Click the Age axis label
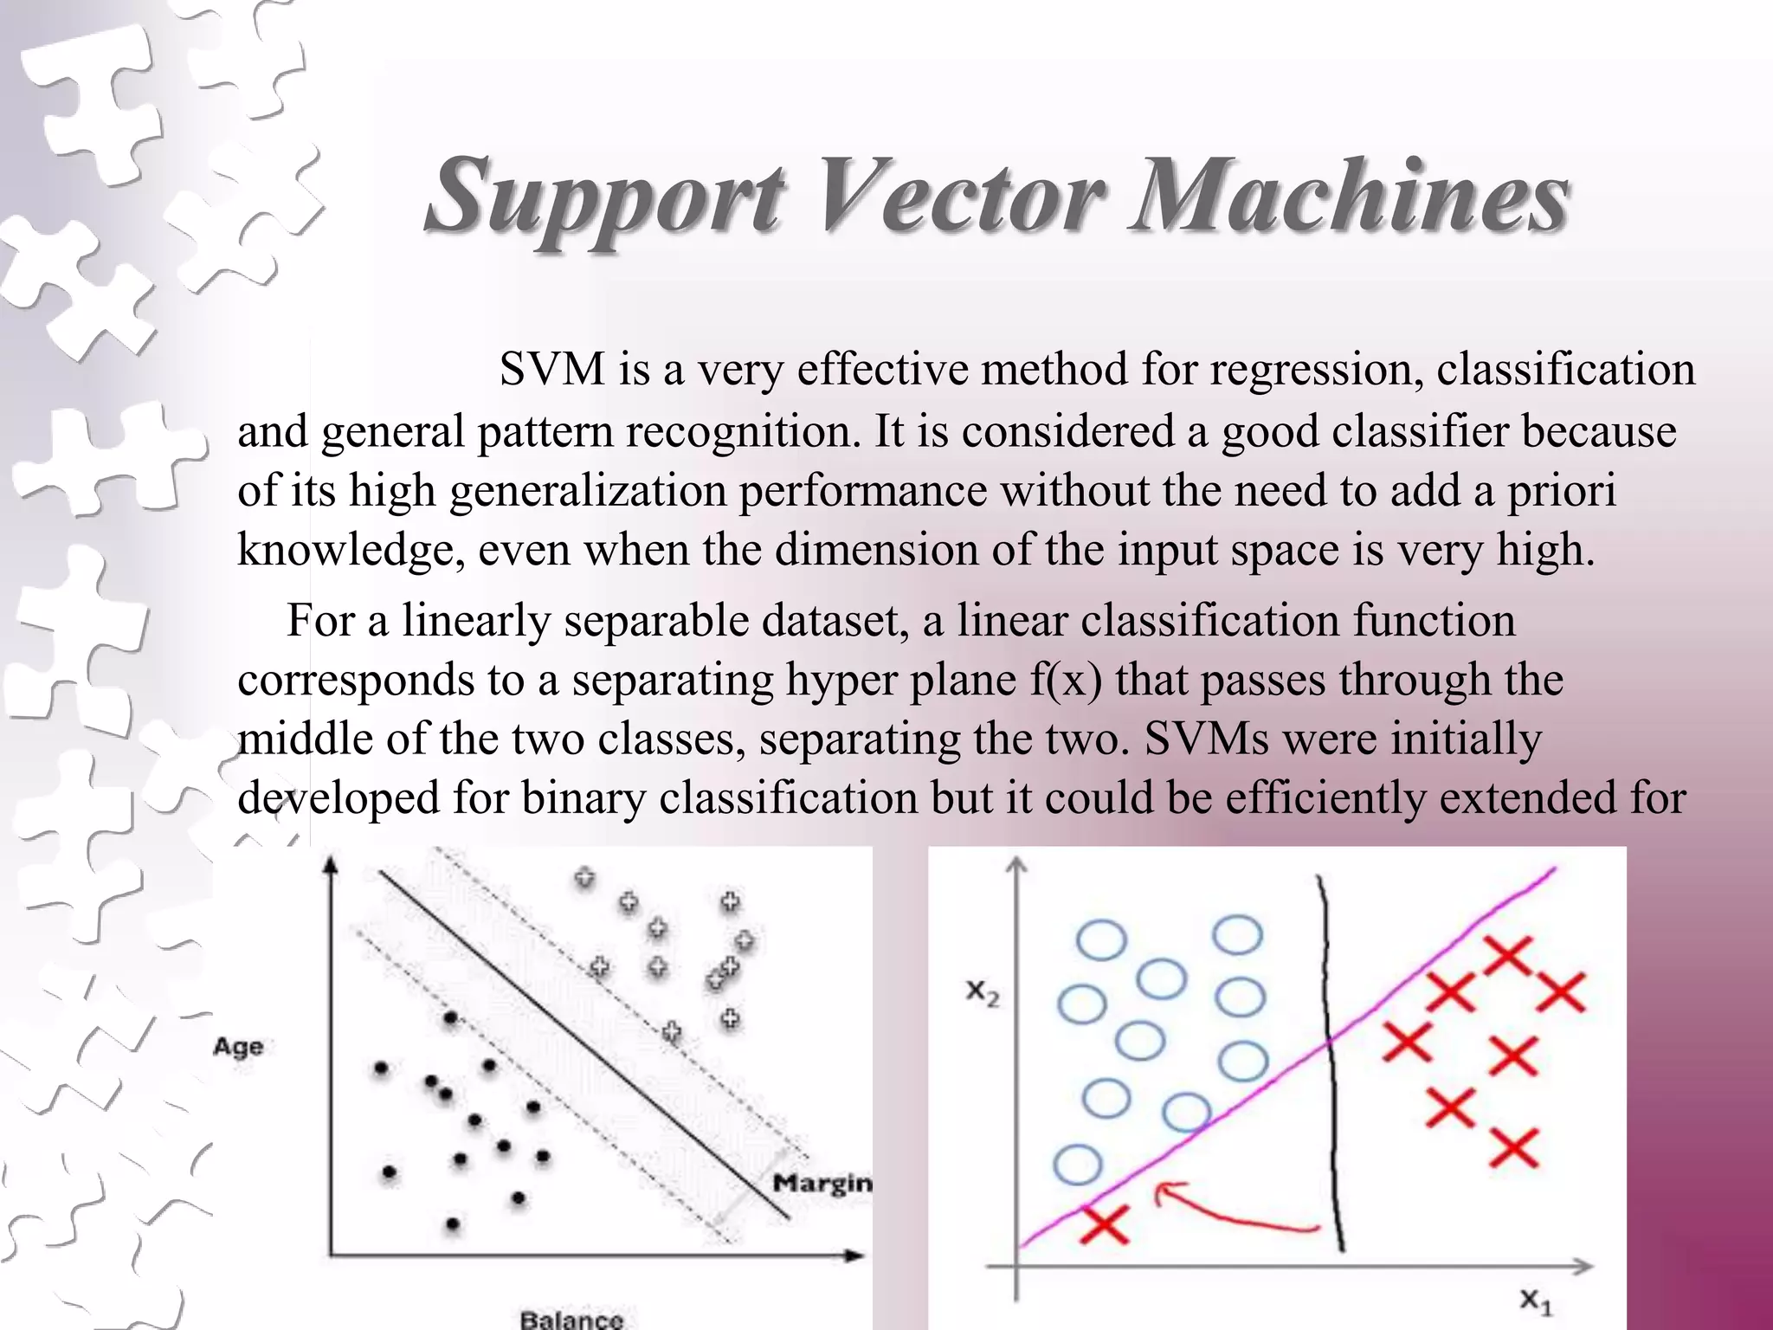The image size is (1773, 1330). click(238, 1047)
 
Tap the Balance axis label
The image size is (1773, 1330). click(571, 1319)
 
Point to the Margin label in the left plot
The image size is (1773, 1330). click(822, 1183)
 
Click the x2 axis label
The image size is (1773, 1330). click(983, 992)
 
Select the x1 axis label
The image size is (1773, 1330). click(1536, 1301)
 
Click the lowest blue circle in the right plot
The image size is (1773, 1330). click(1078, 1165)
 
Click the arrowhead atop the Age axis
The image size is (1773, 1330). click(330, 862)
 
